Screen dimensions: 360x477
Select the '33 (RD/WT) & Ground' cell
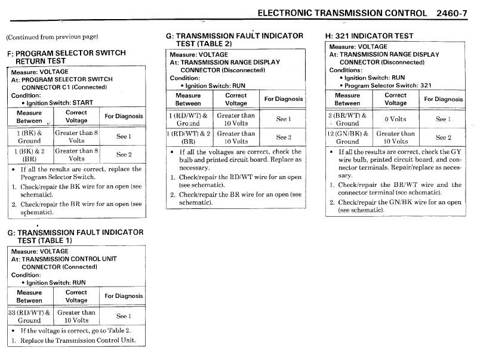coord(30,316)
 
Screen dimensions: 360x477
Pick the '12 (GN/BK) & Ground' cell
coord(347,138)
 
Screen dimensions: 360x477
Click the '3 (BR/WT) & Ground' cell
coord(347,119)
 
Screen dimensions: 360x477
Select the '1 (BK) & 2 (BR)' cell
coord(29,155)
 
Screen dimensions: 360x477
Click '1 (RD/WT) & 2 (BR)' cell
coord(188,138)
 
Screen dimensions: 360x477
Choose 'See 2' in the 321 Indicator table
coord(442,138)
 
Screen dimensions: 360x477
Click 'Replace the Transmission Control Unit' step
coord(78,340)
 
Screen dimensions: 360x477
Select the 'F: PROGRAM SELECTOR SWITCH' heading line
coord(66,53)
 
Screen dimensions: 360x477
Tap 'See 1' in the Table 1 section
coord(123,316)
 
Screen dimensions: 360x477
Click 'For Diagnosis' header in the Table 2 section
coord(284,99)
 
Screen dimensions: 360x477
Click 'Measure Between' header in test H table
coord(347,99)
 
